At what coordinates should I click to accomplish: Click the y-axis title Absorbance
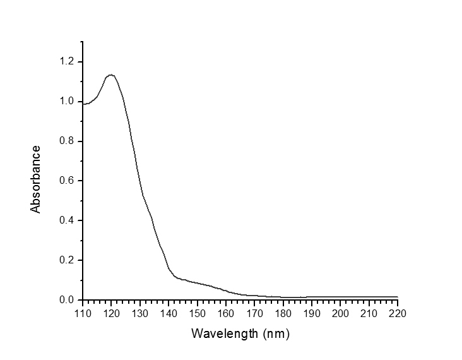pos(36,179)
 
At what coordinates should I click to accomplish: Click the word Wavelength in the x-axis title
pos(223,332)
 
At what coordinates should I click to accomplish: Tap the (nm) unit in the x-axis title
pos(274,332)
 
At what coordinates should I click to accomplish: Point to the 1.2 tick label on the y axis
pos(67,62)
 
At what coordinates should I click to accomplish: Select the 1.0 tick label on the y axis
pos(67,102)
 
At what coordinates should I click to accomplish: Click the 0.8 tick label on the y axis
pos(67,141)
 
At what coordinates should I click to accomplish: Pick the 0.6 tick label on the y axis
pos(67,181)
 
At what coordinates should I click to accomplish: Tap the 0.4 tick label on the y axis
pos(67,220)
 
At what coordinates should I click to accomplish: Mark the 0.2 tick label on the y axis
pos(67,260)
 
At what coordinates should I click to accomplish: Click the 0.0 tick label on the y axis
pos(67,300)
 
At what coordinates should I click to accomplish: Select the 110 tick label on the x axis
pos(83,313)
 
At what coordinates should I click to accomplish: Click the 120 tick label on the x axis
pos(111,313)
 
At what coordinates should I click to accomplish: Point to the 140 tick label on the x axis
pos(169,313)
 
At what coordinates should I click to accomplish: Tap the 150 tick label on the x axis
pos(197,313)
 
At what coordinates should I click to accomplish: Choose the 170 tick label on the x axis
pos(254,313)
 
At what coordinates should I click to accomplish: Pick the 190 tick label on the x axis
pos(312,313)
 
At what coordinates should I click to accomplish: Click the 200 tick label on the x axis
pos(340,313)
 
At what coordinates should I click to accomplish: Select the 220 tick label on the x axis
pos(398,313)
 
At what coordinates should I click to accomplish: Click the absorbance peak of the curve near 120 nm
pos(111,75)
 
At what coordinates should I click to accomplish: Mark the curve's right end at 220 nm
pos(398,297)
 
